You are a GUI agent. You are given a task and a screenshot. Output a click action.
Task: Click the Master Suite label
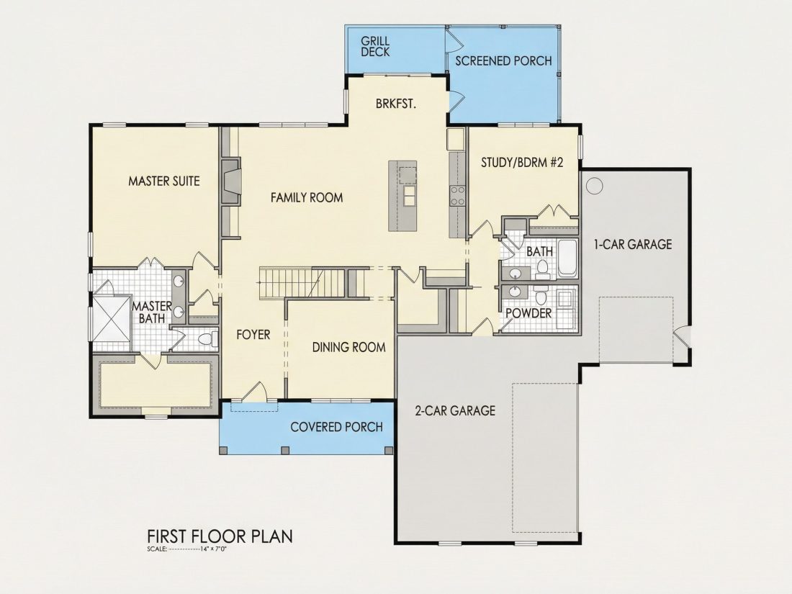(163, 181)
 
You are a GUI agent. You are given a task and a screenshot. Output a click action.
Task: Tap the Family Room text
(307, 197)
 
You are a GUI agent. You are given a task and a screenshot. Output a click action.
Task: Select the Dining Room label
(348, 348)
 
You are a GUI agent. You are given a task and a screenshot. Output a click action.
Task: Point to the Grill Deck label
(375, 46)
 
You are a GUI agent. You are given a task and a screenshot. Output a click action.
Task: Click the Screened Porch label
(503, 60)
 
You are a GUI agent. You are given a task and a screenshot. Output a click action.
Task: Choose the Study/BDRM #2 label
(522, 162)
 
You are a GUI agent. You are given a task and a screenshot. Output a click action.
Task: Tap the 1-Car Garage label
(632, 245)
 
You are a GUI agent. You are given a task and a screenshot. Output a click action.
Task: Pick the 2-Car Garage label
(455, 410)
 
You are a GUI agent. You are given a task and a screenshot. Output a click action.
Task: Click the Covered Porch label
(336, 427)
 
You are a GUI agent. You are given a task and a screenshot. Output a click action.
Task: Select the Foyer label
(253, 334)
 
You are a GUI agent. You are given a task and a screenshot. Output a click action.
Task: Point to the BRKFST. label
(396, 104)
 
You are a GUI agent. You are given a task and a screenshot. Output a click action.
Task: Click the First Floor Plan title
(220, 536)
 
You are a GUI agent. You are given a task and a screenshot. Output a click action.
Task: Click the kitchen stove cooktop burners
(457, 195)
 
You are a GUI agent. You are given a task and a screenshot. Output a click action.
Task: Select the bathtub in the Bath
(567, 258)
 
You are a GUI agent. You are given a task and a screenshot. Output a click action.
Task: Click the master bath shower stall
(111, 318)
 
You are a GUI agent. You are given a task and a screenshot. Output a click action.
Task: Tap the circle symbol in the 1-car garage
(595, 186)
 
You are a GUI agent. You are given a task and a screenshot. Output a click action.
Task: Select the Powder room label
(528, 313)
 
